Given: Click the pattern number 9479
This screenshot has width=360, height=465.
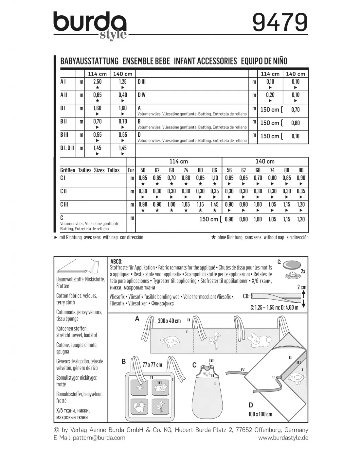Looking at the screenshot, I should (x=280, y=22).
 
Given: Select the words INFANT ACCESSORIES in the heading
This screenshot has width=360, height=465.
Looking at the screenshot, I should (x=205, y=61).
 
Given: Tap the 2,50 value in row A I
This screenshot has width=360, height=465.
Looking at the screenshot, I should (x=97, y=82).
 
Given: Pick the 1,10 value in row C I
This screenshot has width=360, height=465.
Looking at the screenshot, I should (x=214, y=178).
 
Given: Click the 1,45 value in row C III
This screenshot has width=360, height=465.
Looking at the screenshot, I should (x=214, y=204).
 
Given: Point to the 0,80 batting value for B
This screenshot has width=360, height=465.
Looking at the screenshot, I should (x=295, y=123).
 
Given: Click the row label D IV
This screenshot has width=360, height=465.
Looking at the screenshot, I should (x=142, y=95).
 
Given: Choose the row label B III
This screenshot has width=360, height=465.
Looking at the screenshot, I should (x=64, y=134).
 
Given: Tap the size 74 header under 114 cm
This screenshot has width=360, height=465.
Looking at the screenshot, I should (x=186, y=170).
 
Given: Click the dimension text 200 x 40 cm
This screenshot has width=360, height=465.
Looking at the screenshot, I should (x=169, y=321).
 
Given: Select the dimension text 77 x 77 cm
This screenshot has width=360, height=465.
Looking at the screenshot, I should (x=152, y=365).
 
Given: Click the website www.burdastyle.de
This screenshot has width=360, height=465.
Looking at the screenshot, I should (x=283, y=438).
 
